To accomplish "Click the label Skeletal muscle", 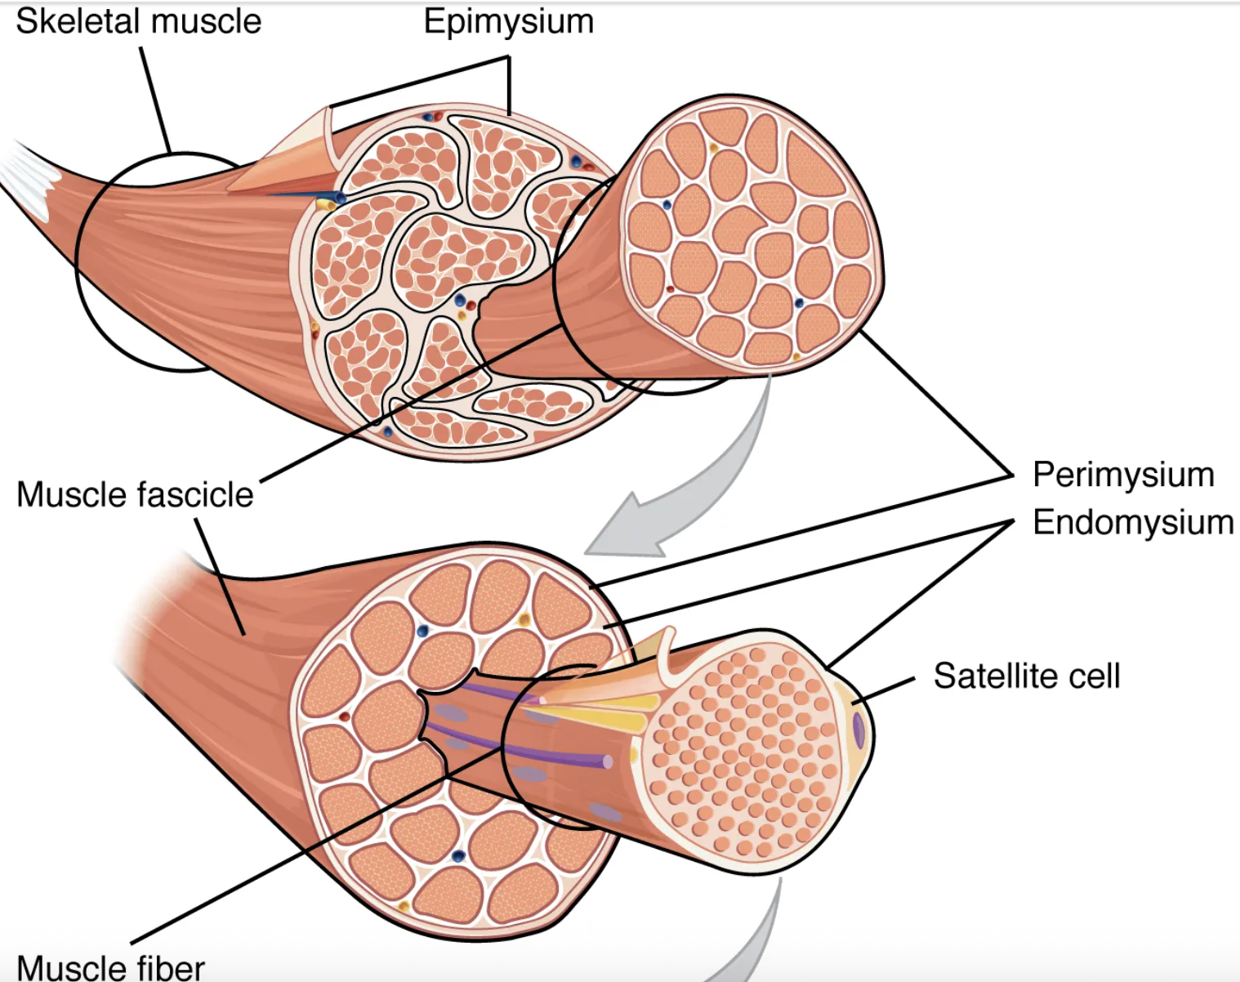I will [139, 22].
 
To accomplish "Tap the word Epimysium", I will [508, 22].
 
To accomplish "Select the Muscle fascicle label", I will [135, 495].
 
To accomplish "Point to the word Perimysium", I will [1123, 475].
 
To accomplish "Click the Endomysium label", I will [1133, 522].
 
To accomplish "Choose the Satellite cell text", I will [1027, 676].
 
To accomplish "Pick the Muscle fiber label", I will [110, 967].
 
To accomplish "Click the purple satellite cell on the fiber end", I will [859, 730].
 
